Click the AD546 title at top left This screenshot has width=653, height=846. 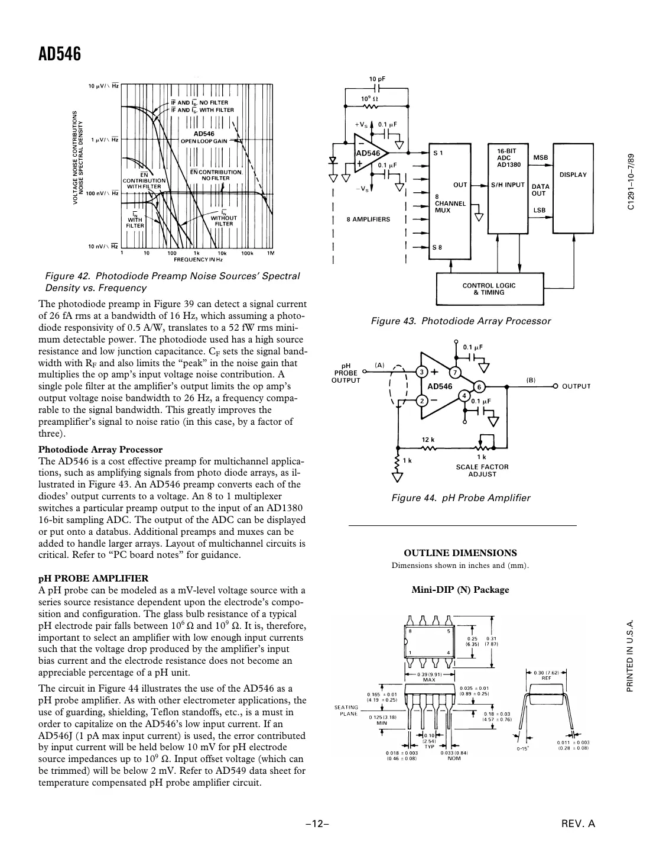59,54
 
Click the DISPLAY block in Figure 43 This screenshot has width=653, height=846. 572,175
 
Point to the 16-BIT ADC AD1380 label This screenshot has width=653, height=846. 508,157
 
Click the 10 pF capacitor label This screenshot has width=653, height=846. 378,79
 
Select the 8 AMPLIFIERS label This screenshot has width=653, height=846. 368,219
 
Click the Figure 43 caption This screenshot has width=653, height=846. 460,321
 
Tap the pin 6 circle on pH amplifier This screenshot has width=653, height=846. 479,386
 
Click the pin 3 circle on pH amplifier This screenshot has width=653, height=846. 421,372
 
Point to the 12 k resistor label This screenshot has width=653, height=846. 428,440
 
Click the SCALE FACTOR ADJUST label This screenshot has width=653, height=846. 482,470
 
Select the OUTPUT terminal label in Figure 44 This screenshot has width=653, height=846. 576,386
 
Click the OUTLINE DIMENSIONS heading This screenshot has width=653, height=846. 460,553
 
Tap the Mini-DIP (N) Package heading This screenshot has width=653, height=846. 460,589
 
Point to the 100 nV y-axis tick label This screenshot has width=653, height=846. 103,193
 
